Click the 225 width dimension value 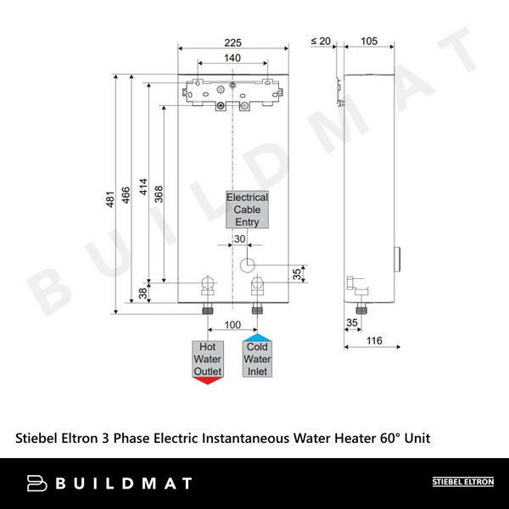point(232,41)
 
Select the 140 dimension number point(232,58)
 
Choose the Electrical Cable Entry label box point(247,210)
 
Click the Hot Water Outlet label point(208,360)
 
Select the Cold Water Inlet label point(258,360)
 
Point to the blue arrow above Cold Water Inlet point(258,338)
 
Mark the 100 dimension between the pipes point(232,326)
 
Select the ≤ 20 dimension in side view point(320,41)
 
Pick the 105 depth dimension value point(370,41)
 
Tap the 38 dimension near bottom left point(143,293)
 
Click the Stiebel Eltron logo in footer point(464,483)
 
